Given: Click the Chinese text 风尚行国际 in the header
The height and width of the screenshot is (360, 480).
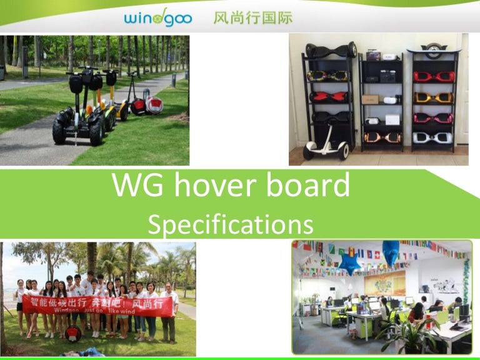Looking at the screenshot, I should coord(252,17).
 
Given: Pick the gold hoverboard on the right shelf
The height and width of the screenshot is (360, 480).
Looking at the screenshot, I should coord(434,98).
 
